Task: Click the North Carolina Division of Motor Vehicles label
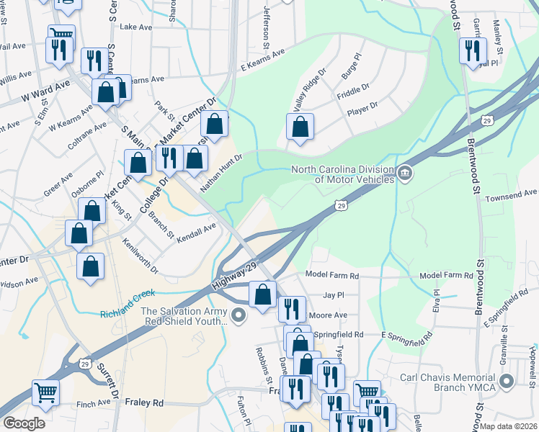coord(342,175)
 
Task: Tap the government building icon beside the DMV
coord(405,174)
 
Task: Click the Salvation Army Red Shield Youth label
coord(184,316)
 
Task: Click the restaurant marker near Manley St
coord(473,50)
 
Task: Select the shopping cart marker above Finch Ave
coord(45,392)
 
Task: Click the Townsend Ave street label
coord(511,194)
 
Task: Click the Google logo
coord(24,423)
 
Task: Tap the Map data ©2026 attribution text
coord(509,426)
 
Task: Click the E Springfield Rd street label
coord(407,336)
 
